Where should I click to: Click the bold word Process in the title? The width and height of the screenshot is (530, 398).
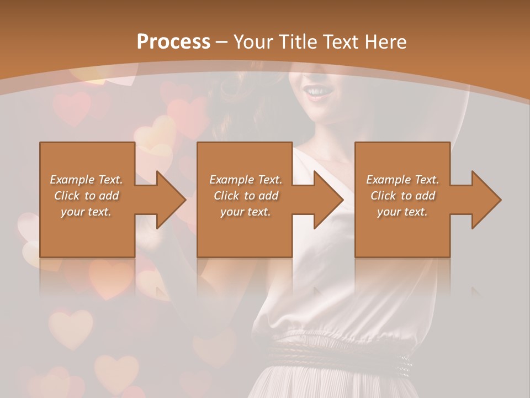(x=173, y=41)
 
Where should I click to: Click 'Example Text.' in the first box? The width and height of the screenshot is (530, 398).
(x=86, y=180)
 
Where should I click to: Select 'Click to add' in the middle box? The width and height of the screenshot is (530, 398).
(x=246, y=196)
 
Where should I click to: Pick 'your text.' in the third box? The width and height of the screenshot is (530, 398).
(x=402, y=212)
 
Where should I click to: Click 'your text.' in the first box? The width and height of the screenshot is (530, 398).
(x=86, y=212)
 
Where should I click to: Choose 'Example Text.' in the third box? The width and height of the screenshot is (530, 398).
(x=402, y=180)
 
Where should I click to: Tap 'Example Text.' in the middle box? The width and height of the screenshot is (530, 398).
(x=246, y=180)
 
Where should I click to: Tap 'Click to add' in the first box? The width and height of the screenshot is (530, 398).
(x=86, y=196)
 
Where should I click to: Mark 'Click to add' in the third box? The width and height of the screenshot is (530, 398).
(x=402, y=196)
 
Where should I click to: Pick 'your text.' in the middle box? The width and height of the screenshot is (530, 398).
(x=246, y=212)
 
